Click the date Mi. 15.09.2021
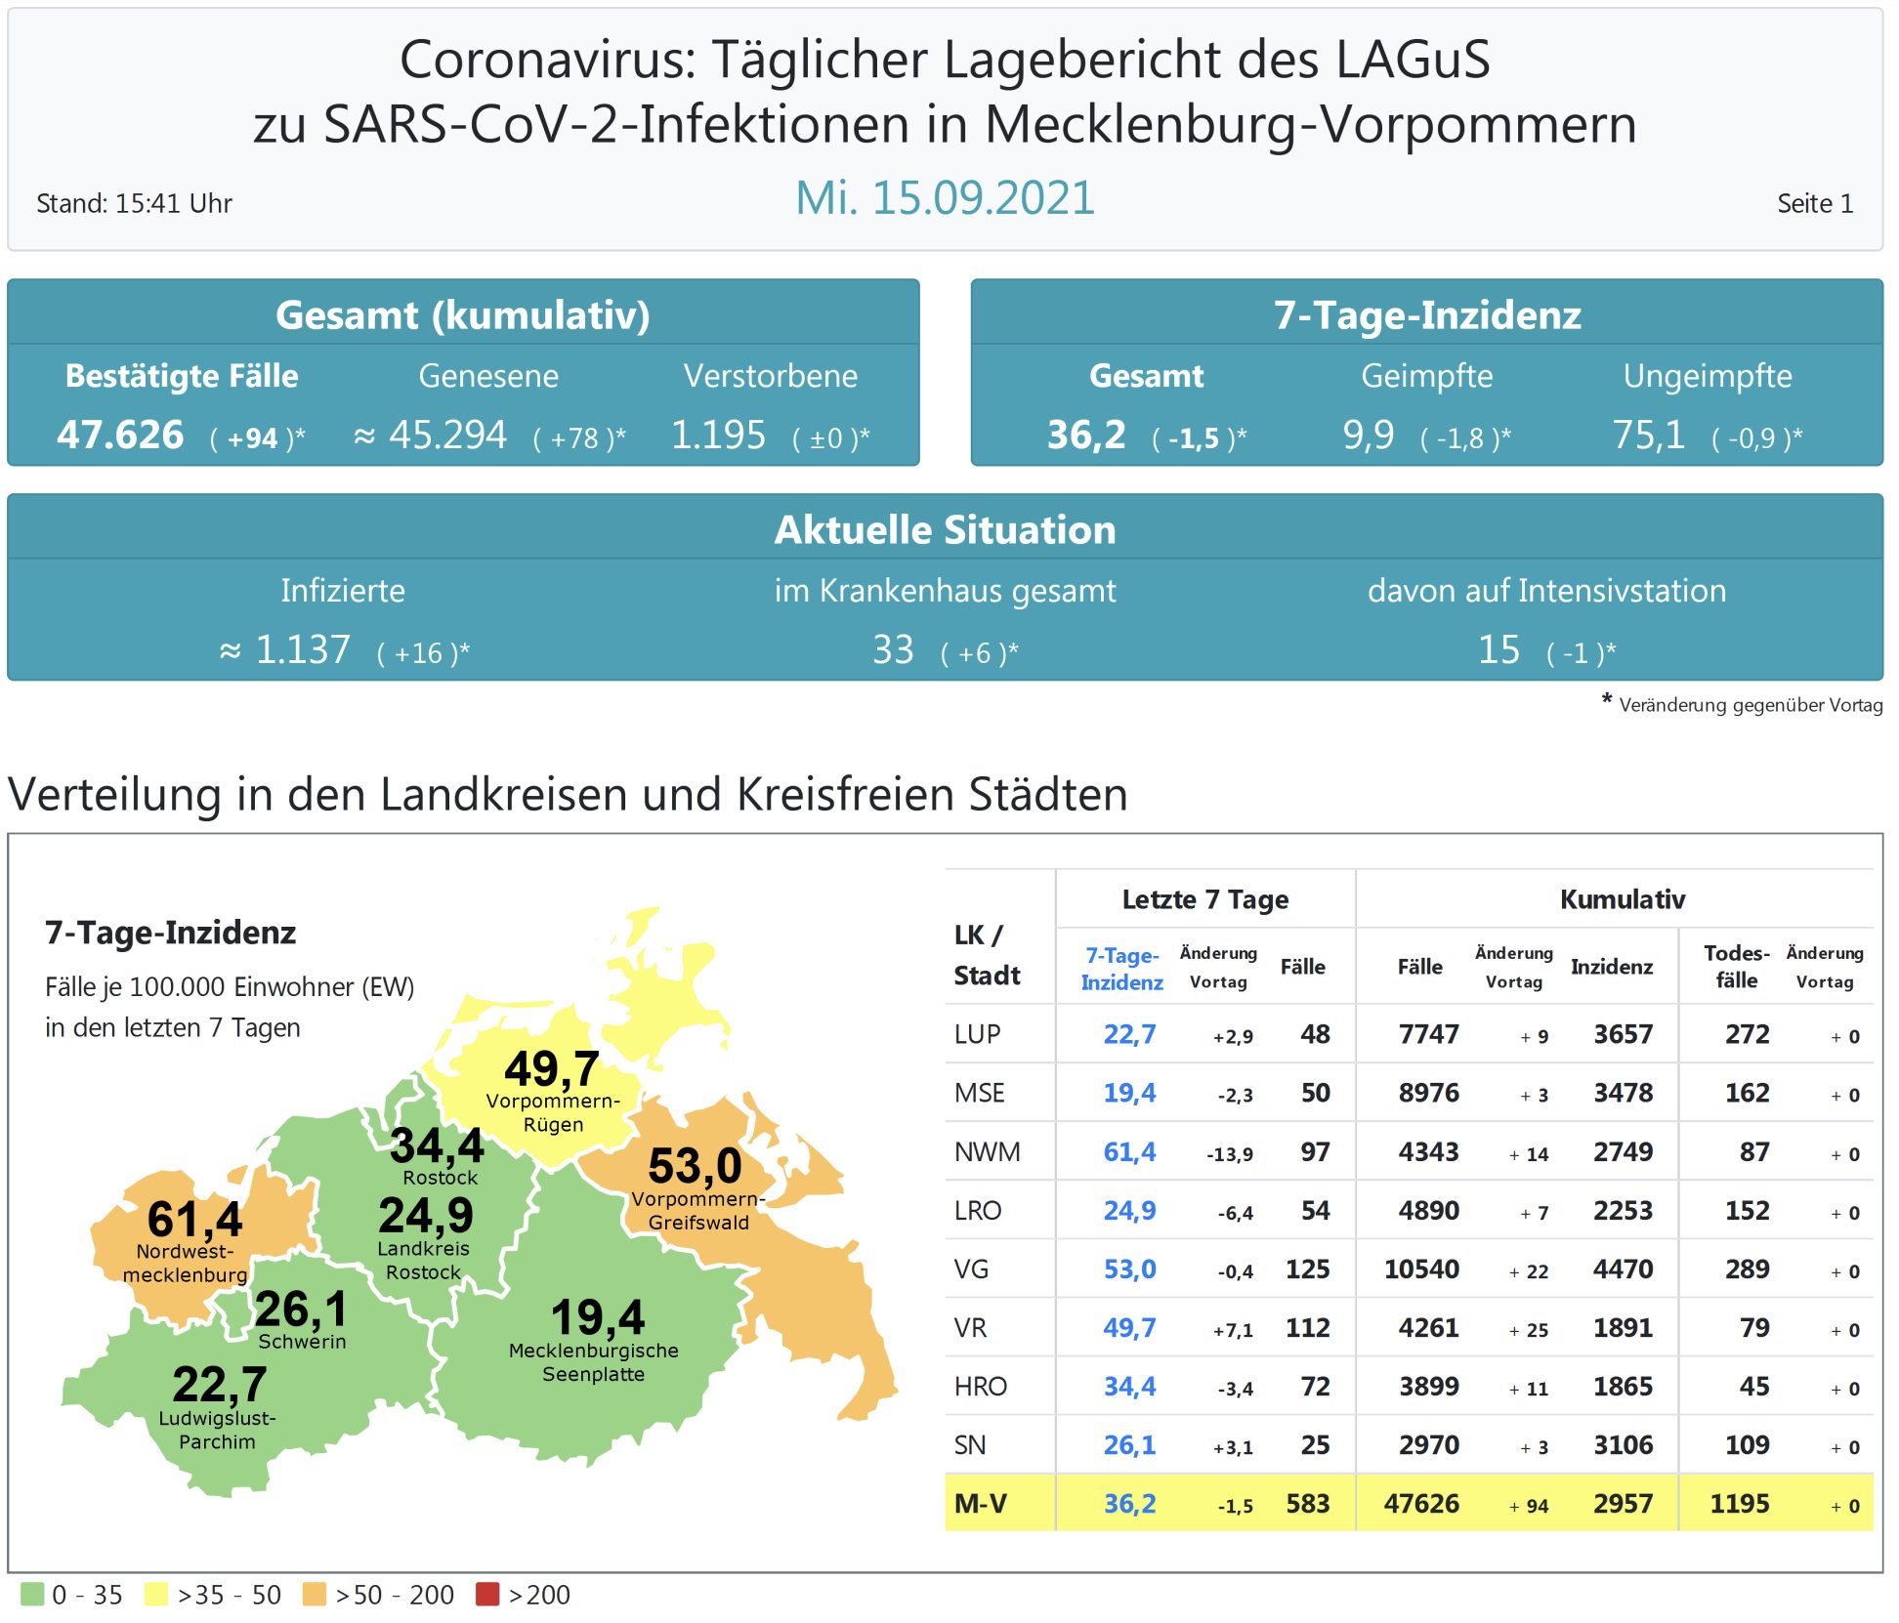(x=945, y=198)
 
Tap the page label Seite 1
(x=1814, y=203)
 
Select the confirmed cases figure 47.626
(x=120, y=435)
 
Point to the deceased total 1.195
(x=718, y=435)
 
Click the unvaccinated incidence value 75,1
(x=1648, y=435)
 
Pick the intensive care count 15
(x=1498, y=649)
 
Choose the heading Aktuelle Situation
(x=945, y=529)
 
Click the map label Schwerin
(x=302, y=1342)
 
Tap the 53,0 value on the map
(x=695, y=1166)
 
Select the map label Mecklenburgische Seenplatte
(x=593, y=1362)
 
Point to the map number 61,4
(x=194, y=1219)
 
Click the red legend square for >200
(x=486, y=1594)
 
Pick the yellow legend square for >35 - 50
(x=155, y=1594)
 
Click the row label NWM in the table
(x=987, y=1152)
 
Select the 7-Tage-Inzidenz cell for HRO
(x=1129, y=1387)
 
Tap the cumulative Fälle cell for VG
(x=1421, y=1269)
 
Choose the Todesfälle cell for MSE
(x=1747, y=1094)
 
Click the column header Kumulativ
(x=1622, y=899)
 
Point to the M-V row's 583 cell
(x=1307, y=1504)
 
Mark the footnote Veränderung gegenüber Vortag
(x=1750, y=705)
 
